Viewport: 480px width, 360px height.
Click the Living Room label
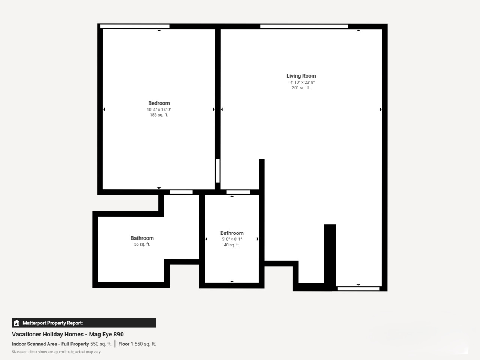click(301, 76)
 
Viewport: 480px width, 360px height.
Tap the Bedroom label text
click(159, 103)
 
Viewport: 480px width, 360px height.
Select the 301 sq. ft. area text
click(301, 88)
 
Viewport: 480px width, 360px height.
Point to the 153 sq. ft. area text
click(159, 115)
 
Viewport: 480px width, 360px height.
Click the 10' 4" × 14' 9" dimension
click(159, 109)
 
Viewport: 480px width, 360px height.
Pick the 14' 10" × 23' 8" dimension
click(301, 82)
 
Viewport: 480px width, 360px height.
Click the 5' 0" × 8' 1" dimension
click(232, 239)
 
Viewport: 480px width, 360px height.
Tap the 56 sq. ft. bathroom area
click(142, 244)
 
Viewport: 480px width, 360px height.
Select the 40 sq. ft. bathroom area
click(232, 245)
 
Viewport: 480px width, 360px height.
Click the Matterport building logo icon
click(17, 323)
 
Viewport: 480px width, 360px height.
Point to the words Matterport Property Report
click(53, 323)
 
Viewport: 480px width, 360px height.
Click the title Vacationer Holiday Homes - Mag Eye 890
click(68, 334)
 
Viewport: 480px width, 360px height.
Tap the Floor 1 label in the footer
click(126, 344)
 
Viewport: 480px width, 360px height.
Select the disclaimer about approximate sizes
click(56, 352)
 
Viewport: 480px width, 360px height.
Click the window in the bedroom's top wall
click(135, 27)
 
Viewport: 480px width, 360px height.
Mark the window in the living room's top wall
click(304, 27)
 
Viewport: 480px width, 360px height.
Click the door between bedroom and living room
click(218, 171)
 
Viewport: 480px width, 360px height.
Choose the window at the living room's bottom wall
click(358, 289)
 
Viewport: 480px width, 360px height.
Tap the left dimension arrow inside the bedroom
click(104, 109)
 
